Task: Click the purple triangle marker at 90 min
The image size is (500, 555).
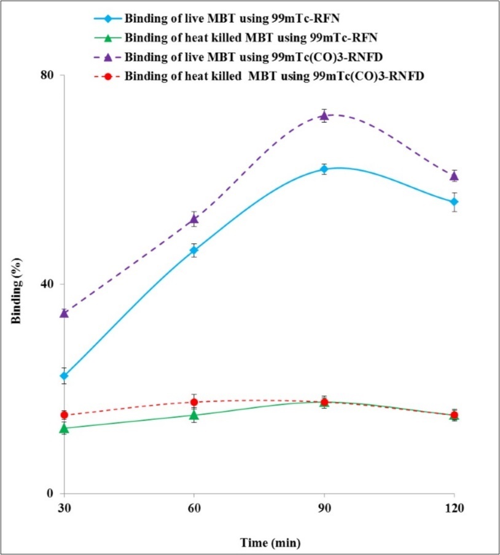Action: pyautogui.click(x=324, y=115)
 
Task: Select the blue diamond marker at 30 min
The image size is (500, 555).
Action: pyautogui.click(x=64, y=376)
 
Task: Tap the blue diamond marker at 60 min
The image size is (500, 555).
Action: pyautogui.click(x=194, y=250)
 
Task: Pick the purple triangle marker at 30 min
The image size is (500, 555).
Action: pyautogui.click(x=64, y=313)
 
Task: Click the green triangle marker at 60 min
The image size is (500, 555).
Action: pyautogui.click(x=194, y=416)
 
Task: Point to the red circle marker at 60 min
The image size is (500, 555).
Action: pyautogui.click(x=194, y=402)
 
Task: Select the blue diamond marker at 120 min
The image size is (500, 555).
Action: pyautogui.click(x=454, y=202)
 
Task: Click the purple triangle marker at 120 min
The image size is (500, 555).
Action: pyautogui.click(x=454, y=176)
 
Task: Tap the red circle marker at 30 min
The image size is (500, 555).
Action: pyautogui.click(x=64, y=415)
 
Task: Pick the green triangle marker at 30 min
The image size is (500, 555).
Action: pyautogui.click(x=64, y=428)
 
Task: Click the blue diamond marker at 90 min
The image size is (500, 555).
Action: pyautogui.click(x=324, y=169)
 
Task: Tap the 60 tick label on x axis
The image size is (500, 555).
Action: pyautogui.click(x=194, y=508)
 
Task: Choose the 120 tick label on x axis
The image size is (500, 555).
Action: pyautogui.click(x=454, y=508)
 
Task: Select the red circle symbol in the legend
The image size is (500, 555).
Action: pyautogui.click(x=108, y=77)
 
